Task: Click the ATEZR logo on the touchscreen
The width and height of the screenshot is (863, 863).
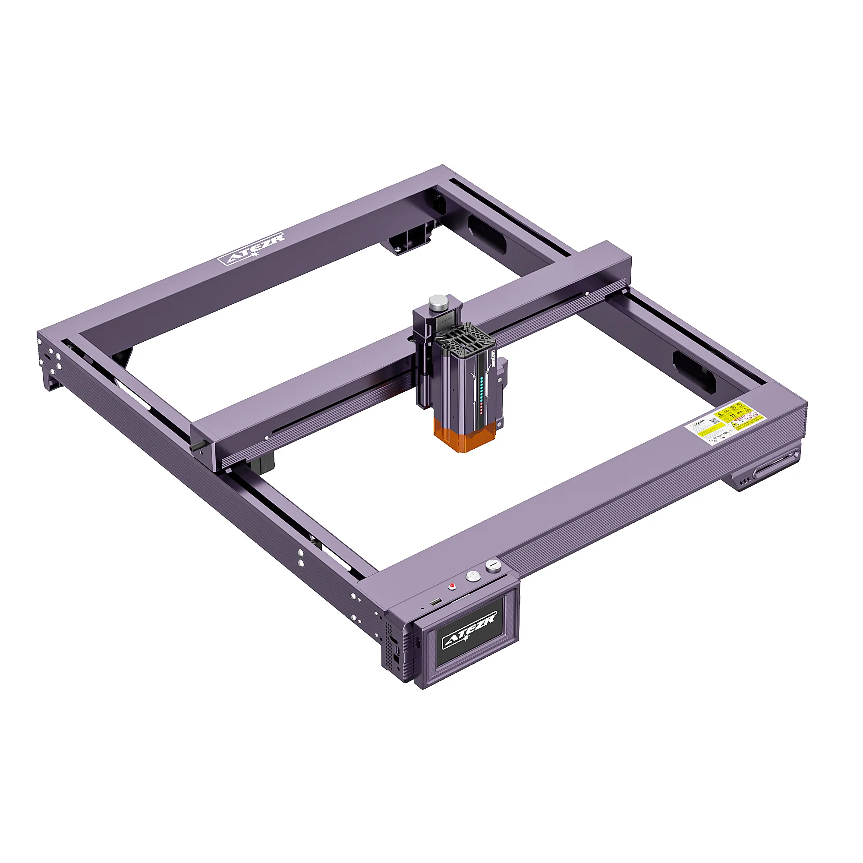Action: point(469,630)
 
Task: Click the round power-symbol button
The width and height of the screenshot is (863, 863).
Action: point(472,576)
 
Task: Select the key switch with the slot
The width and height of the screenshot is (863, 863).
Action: point(493,566)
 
